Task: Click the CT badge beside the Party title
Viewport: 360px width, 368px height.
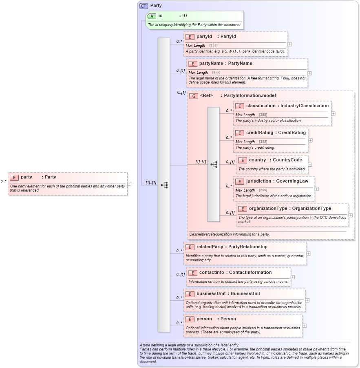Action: [x=144, y=6]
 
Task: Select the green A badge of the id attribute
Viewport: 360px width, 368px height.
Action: [x=152, y=16]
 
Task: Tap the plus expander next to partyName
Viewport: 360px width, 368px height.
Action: [x=309, y=73]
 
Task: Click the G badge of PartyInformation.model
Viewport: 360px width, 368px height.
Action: [x=194, y=96]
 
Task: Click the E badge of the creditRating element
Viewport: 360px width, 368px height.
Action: [x=239, y=133]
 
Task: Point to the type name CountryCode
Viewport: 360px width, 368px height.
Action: [x=287, y=160]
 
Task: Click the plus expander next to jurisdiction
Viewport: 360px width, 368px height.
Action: [x=316, y=189]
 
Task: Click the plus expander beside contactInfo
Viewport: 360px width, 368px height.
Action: [x=293, y=277]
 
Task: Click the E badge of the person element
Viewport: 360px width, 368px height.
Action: [x=190, y=319]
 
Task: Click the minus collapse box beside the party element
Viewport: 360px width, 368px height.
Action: [x=129, y=184]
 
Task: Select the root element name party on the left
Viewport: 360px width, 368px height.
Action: [x=27, y=177]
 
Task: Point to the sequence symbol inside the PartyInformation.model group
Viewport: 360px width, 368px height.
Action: [x=214, y=165]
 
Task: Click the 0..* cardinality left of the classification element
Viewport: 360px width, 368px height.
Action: [x=229, y=110]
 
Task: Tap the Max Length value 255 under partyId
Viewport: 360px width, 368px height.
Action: [x=213, y=46]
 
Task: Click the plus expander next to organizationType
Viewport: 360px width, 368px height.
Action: [x=350, y=215]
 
